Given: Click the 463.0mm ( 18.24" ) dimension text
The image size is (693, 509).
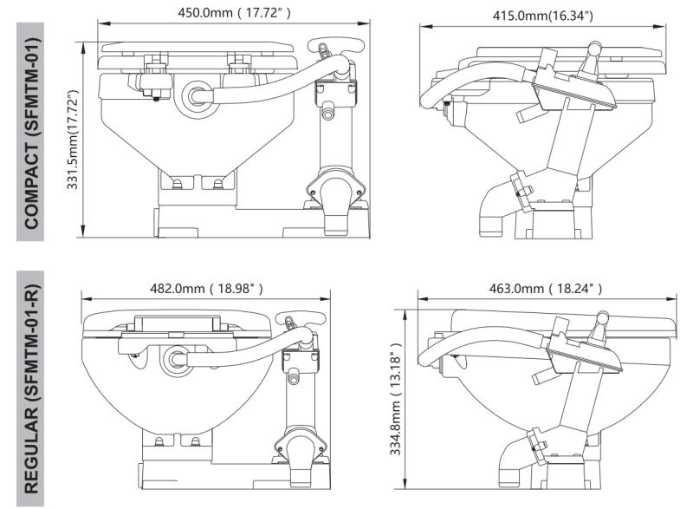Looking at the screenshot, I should (544, 288).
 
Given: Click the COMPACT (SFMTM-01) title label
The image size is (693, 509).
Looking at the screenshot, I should (32, 131).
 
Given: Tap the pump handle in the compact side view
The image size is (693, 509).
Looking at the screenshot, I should (594, 55).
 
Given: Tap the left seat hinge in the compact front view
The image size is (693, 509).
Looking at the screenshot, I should (158, 65).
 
